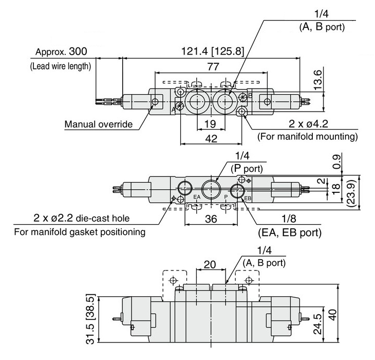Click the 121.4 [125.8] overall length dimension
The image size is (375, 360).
pyautogui.click(x=213, y=51)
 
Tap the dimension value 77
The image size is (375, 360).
pyautogui.click(x=213, y=66)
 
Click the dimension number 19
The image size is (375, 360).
pyautogui.click(x=210, y=124)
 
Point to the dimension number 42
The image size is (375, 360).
pyautogui.click(x=211, y=138)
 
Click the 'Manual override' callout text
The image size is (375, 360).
pyautogui.click(x=99, y=124)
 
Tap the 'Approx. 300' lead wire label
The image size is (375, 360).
pyautogui.click(x=61, y=51)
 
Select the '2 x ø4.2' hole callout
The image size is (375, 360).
pyautogui.click(x=308, y=124)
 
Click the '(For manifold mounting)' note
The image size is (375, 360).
pyautogui.click(x=308, y=136)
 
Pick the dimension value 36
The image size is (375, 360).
pyautogui.click(x=211, y=219)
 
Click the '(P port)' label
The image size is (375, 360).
pyautogui.click(x=247, y=169)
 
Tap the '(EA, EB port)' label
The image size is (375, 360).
pyautogui.click(x=290, y=232)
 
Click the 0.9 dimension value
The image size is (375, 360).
pyautogui.click(x=337, y=162)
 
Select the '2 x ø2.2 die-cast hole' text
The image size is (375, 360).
pyautogui.click(x=82, y=218)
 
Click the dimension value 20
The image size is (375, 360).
pyautogui.click(x=210, y=264)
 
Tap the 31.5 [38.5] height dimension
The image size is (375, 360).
pyautogui.click(x=90, y=319)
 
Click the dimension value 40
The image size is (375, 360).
pyautogui.click(x=332, y=315)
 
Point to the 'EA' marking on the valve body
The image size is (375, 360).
pyautogui.click(x=197, y=197)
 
